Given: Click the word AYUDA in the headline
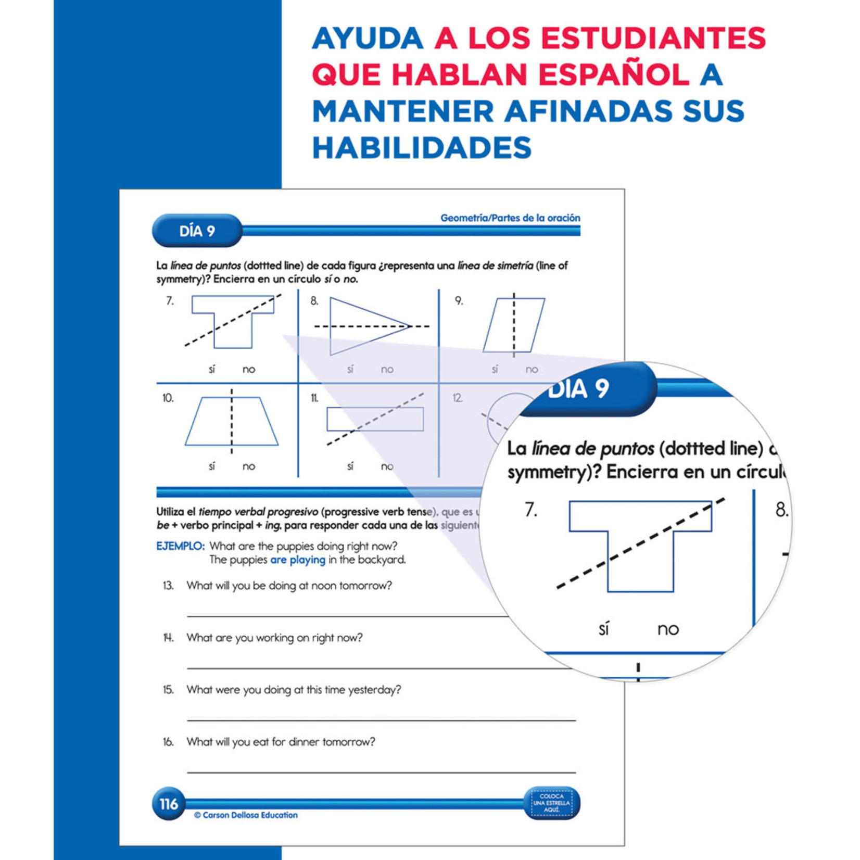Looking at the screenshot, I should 368,39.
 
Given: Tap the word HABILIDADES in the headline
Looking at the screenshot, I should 422,148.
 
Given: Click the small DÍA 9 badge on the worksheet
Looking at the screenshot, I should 197,231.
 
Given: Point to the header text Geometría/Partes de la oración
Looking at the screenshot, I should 510,218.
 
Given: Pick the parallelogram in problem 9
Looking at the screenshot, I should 514,325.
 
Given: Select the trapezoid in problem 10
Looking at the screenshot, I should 232,422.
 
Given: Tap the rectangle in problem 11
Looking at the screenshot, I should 375,419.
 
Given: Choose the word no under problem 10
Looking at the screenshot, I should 249,466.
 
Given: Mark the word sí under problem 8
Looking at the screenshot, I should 350,369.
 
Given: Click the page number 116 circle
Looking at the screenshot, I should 168,804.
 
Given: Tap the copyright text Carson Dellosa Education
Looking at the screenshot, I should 246,815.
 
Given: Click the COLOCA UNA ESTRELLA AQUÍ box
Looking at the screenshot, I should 552,803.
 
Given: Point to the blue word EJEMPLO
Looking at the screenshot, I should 180,546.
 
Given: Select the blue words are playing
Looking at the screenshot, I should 298,560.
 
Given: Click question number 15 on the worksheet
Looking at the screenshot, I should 168,690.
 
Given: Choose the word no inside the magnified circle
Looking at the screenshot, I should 668,629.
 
